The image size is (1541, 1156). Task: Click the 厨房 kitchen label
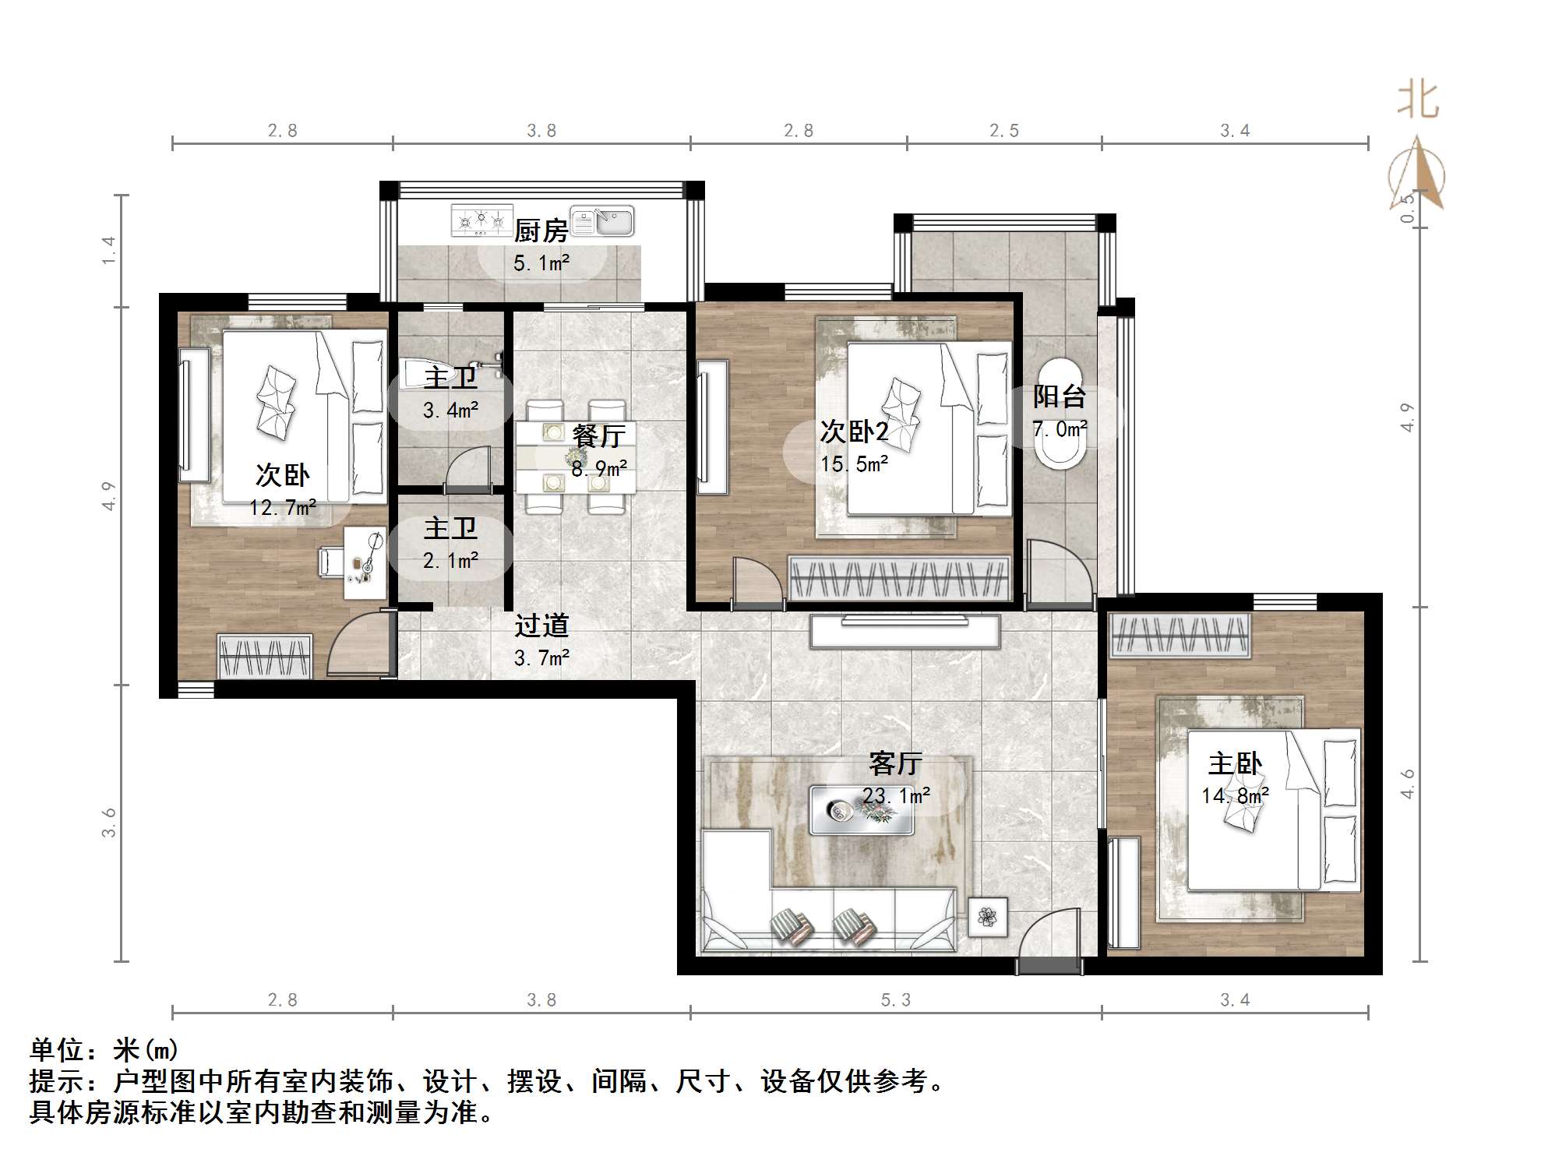coord(541,231)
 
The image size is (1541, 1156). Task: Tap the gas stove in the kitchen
coord(481,220)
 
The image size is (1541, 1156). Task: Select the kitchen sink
coord(602,221)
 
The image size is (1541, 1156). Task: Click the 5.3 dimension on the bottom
coord(895,1000)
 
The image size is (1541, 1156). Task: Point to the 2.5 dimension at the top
coord(1003,131)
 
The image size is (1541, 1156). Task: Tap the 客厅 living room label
coord(895,763)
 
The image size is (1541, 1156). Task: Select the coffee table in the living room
coord(861,810)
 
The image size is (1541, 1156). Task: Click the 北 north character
coord(1418,101)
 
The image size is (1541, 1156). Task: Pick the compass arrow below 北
coord(1418,175)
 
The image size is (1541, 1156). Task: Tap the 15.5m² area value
coord(855,464)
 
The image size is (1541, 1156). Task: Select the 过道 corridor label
coord(541,626)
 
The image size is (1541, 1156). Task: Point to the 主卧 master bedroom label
coord(1235,763)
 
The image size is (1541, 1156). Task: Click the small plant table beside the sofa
coord(987,918)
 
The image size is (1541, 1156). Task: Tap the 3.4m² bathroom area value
coord(450,410)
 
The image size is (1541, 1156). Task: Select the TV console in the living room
coord(905,631)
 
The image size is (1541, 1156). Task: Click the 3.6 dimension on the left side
coord(109,823)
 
